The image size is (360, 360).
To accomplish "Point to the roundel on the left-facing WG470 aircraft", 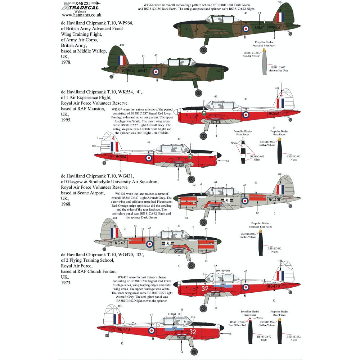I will tap(152, 330).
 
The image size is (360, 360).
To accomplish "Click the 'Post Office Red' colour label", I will tap(237, 325).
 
